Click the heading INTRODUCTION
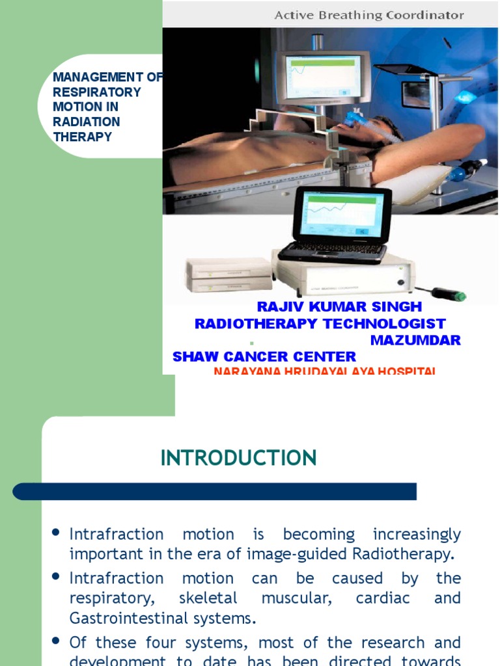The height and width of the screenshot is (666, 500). click(238, 458)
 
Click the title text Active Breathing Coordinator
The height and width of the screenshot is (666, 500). click(369, 14)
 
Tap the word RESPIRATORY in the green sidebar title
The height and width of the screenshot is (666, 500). click(97, 92)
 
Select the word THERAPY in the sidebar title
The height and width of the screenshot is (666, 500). click(82, 137)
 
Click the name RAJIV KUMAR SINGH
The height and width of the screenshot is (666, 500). click(339, 306)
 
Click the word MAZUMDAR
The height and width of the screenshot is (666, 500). click(415, 340)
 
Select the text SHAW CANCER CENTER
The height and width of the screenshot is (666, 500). click(264, 356)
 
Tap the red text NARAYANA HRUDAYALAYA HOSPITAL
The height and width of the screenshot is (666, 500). click(324, 371)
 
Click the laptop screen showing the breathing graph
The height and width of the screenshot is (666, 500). click(341, 214)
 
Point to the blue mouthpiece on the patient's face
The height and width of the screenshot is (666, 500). click(355, 120)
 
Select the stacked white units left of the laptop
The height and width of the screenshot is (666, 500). click(229, 274)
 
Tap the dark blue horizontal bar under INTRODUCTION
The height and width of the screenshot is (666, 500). click(215, 492)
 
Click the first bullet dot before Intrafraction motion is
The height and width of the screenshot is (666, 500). click(57, 533)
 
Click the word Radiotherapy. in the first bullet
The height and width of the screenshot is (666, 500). click(414, 554)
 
